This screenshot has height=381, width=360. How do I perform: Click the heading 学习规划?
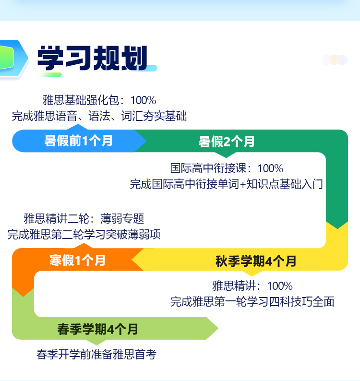point(92,58)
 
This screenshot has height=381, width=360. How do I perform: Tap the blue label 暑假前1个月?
point(78,141)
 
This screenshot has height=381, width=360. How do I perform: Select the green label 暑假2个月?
point(227,142)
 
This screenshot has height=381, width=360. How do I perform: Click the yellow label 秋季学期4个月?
point(256,261)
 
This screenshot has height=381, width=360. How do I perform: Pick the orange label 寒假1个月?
point(78,261)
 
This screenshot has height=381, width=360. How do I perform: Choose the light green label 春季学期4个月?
point(98,330)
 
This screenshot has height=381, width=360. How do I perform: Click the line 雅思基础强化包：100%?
point(99,100)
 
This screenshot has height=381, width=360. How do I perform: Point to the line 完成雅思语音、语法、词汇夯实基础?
point(99,116)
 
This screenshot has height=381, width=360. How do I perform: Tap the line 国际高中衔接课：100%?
point(227,168)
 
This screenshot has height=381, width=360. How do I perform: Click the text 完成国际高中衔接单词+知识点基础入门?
point(226,184)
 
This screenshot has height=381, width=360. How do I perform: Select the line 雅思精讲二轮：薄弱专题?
point(84,218)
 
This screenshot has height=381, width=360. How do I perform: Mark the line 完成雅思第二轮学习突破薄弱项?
point(84,235)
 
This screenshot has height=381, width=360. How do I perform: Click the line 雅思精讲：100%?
point(252,286)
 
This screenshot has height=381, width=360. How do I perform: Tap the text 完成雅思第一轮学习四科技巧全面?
point(252,301)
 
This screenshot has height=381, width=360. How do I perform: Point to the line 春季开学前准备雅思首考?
point(96,354)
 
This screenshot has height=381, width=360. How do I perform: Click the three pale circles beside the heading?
point(335,60)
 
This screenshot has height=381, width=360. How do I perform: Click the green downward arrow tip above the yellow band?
point(337,229)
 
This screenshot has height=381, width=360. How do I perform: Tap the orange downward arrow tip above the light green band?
point(24,296)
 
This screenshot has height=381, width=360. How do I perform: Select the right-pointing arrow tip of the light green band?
point(218,328)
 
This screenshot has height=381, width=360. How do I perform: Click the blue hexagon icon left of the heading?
point(13,59)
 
